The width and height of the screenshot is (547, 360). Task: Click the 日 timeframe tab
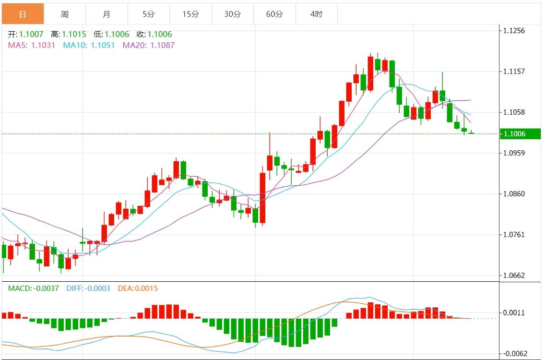tap(23, 14)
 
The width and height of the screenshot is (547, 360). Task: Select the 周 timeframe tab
tap(65, 14)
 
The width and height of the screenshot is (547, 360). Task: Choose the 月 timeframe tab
tap(107, 14)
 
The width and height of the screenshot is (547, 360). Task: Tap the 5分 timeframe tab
tap(149, 14)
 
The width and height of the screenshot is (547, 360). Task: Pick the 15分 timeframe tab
tap(190, 14)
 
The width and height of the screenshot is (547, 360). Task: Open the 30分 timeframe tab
tap(233, 14)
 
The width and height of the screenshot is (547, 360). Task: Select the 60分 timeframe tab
tap(274, 14)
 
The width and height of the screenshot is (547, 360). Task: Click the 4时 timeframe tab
tap(317, 14)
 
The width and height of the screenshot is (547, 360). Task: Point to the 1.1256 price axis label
tap(514, 31)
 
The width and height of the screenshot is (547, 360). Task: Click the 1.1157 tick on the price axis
tap(514, 72)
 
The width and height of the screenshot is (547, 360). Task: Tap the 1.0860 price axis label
tap(514, 194)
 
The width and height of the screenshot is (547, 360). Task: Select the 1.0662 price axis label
tap(514, 276)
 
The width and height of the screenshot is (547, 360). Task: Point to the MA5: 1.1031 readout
tap(32, 45)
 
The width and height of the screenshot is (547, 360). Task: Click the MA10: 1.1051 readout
tap(89, 45)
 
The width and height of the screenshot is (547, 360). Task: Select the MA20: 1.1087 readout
tap(149, 45)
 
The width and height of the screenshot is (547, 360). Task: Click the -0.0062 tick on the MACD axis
tap(515, 354)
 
